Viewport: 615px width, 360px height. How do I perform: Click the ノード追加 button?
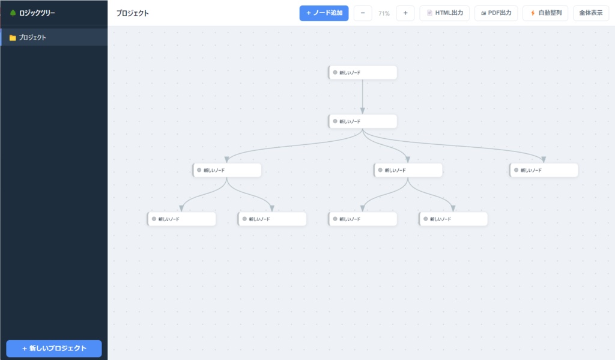click(x=324, y=13)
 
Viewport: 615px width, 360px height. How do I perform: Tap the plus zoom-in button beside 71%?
click(x=405, y=13)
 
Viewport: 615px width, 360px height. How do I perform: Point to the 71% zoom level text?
click(x=384, y=13)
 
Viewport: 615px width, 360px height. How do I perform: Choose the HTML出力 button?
click(x=444, y=13)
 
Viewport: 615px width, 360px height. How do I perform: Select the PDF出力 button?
click(x=496, y=13)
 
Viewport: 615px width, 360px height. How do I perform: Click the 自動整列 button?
click(x=545, y=13)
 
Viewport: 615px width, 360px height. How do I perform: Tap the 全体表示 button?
click(x=591, y=13)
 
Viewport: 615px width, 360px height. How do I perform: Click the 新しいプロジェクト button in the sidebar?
click(x=54, y=348)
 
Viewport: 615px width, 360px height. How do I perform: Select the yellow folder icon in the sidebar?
click(x=13, y=38)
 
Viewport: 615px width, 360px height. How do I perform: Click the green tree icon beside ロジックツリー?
click(x=13, y=13)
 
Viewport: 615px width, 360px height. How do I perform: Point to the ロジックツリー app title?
click(x=37, y=13)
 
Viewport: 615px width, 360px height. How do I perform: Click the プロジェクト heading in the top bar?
click(x=133, y=13)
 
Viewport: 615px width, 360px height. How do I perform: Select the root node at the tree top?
click(x=362, y=73)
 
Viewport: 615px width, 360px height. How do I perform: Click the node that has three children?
click(x=362, y=121)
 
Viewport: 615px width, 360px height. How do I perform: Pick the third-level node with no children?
click(x=544, y=170)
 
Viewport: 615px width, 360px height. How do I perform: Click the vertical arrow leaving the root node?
click(x=362, y=97)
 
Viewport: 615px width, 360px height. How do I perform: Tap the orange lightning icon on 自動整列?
click(x=533, y=13)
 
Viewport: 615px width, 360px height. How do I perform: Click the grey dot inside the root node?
click(x=335, y=72)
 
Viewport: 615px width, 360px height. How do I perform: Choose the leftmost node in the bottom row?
click(x=181, y=219)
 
